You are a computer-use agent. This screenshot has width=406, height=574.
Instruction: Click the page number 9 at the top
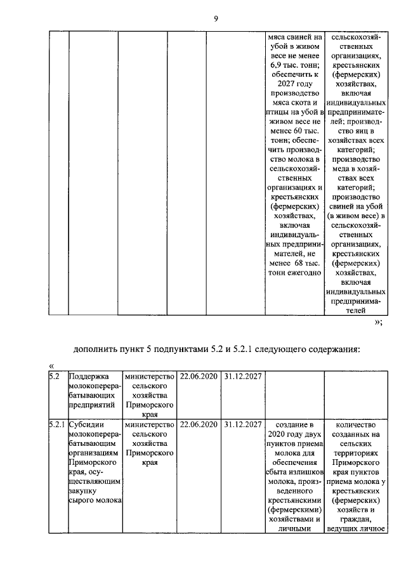[215, 18]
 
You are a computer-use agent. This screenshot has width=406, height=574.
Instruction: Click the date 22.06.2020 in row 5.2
[199, 377]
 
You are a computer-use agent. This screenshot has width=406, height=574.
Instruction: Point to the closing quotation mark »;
[378, 323]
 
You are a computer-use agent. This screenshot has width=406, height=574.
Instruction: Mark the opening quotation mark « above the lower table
[51, 366]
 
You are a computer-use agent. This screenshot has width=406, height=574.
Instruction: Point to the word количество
[355, 424]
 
